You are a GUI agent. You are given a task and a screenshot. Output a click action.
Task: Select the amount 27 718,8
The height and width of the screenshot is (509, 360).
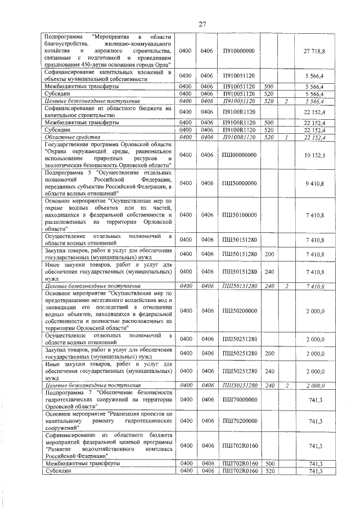(x=314, y=51)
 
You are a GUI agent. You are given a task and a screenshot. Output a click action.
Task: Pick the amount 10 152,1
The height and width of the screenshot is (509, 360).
(x=314, y=155)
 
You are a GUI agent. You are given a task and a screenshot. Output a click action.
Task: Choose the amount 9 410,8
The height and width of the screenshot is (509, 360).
(x=314, y=183)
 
